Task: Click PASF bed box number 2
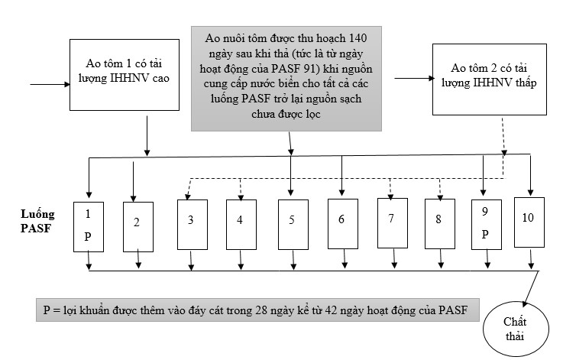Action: click(x=138, y=224)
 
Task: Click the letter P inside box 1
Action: click(x=88, y=236)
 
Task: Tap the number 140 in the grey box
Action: click(x=358, y=37)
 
